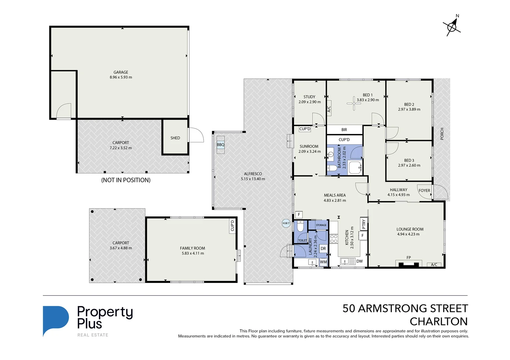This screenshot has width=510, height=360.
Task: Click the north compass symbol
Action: (x=452, y=26)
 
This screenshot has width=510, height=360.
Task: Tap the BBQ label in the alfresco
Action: (x=221, y=145)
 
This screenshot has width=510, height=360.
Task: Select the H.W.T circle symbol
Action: (x=286, y=223)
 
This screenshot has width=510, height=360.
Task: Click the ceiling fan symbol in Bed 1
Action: (x=354, y=103)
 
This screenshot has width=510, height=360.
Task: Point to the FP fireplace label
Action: (x=409, y=258)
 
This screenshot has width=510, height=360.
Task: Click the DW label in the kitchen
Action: (x=359, y=261)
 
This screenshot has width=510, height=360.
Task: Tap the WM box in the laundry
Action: (x=323, y=262)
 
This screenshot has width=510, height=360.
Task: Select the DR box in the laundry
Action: (x=323, y=249)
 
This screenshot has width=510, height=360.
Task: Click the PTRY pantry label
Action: (x=364, y=224)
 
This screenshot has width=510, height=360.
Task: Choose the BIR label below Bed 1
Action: (x=344, y=130)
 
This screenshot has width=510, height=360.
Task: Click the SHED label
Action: (x=175, y=138)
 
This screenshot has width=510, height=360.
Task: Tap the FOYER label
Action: (x=424, y=191)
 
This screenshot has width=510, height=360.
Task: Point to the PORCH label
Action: (x=442, y=134)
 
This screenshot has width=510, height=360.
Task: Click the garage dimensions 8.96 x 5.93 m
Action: (x=121, y=77)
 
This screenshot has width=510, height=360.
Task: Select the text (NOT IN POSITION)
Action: (x=126, y=180)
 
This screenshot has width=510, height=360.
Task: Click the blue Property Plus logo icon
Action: (x=55, y=320)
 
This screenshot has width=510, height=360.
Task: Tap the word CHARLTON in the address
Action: (x=438, y=322)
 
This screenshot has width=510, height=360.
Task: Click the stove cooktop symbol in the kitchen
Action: (x=333, y=239)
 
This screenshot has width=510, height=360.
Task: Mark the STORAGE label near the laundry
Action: (x=321, y=225)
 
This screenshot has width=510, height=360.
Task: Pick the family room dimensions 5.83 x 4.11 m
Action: (x=193, y=253)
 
